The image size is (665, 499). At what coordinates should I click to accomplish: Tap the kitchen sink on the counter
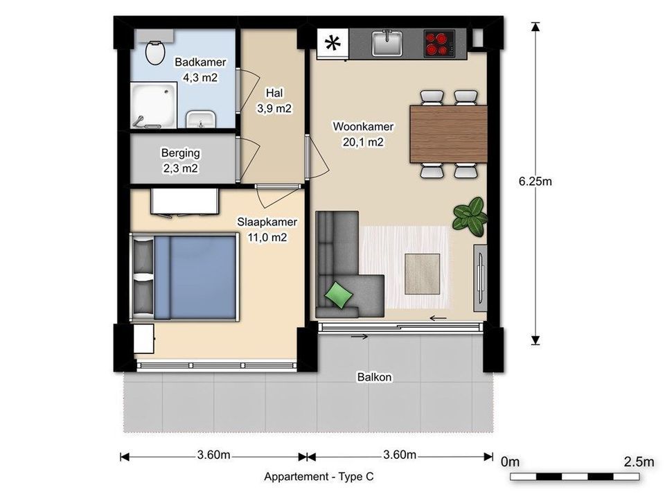point(387,43)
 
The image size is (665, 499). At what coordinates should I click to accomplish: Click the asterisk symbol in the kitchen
point(332,43)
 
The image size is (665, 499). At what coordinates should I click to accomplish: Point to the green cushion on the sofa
point(339,295)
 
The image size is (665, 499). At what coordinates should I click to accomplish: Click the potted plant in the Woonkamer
point(470,216)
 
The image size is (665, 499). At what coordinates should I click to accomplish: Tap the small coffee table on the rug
point(422,274)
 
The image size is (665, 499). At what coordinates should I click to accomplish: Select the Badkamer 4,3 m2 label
point(200,69)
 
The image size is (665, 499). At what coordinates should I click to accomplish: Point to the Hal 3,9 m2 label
point(274,100)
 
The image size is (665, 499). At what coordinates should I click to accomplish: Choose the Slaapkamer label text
point(267,222)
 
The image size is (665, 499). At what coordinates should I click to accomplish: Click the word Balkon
point(374,377)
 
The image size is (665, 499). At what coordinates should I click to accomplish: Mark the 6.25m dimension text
point(535,182)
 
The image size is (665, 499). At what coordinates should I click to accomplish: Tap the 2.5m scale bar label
point(638,462)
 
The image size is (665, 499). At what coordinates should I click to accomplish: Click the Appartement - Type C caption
point(319,477)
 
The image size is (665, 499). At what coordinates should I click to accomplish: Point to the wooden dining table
point(448,134)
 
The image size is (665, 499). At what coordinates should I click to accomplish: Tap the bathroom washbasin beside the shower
point(201,119)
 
